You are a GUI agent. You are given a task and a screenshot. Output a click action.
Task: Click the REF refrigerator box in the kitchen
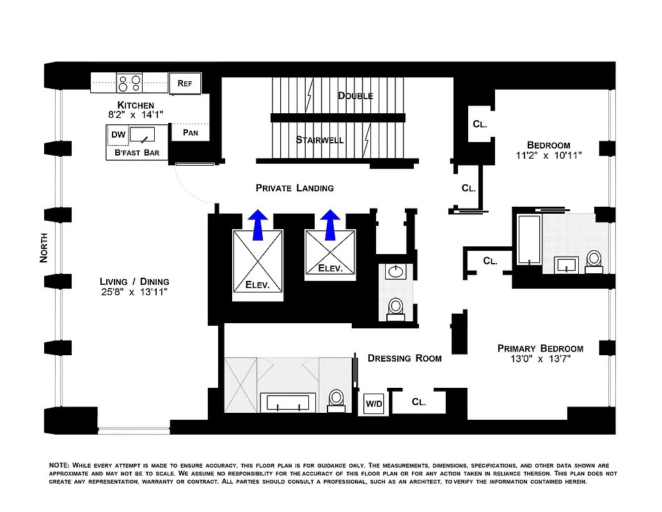click(185, 83)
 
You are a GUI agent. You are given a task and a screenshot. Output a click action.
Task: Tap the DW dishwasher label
click(118, 134)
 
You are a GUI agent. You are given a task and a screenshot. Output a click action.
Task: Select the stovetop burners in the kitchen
click(130, 83)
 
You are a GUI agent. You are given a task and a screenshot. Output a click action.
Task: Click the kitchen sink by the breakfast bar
click(143, 134)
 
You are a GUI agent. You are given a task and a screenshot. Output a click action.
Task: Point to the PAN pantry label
click(190, 133)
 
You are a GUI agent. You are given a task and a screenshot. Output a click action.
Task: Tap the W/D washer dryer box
click(374, 404)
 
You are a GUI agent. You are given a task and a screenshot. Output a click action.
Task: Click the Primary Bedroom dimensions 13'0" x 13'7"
click(540, 359)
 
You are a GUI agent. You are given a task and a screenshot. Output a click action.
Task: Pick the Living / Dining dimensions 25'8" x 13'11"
click(134, 292)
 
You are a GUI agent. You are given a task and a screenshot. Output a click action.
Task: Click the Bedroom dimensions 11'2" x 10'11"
click(548, 156)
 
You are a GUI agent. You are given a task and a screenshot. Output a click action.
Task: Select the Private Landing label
click(294, 188)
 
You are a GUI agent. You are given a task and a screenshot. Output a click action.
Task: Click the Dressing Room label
click(404, 358)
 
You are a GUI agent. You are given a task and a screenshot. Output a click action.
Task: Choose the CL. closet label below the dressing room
click(419, 402)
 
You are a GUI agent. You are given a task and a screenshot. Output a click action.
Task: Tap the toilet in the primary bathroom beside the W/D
click(336, 399)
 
